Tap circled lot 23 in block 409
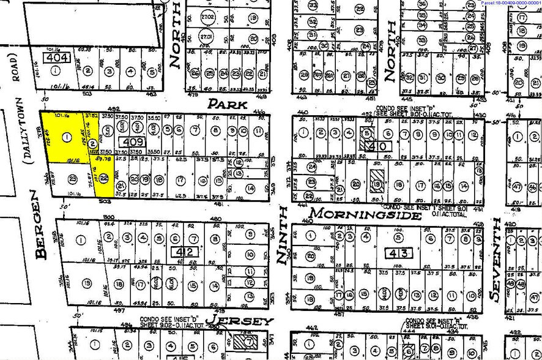click(x=72, y=179)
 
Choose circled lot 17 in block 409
click(x=180, y=181)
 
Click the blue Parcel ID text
click(x=510, y=3)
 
